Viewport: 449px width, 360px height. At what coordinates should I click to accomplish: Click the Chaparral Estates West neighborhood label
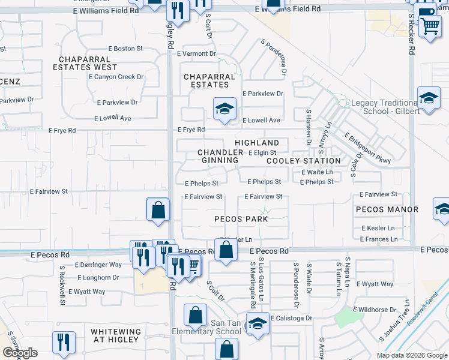[85, 63]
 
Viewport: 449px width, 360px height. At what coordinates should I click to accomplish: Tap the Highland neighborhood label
[257, 143]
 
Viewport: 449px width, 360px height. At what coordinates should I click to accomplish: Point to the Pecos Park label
[241, 219]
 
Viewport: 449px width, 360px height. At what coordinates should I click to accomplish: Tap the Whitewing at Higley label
[116, 335]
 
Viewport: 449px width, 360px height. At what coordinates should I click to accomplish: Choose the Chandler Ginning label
[220, 157]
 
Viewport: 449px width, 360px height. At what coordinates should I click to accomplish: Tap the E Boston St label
[125, 49]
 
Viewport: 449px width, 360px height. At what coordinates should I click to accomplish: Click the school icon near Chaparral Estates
[225, 109]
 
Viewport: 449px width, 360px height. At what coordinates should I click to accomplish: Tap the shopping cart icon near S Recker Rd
[430, 26]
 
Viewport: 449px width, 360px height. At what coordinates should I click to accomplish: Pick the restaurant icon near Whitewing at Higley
[64, 342]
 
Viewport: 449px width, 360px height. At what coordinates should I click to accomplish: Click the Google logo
[20, 353]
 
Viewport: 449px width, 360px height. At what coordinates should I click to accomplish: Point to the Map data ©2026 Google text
[411, 355]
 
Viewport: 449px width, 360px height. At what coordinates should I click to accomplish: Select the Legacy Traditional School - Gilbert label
[384, 107]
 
